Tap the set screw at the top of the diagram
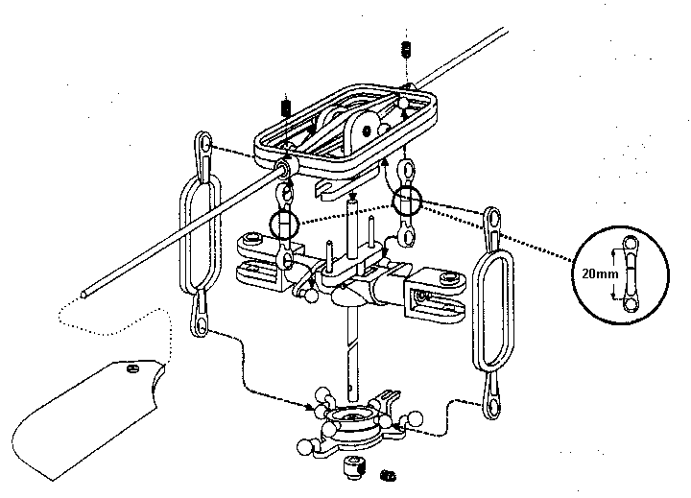tap(408, 49)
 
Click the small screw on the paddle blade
tap(134, 365)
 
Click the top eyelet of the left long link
tap(205, 144)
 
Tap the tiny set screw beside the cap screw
tap(388, 474)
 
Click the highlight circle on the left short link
tap(285, 225)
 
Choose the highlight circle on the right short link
tap(408, 201)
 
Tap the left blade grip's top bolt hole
tap(252, 238)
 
